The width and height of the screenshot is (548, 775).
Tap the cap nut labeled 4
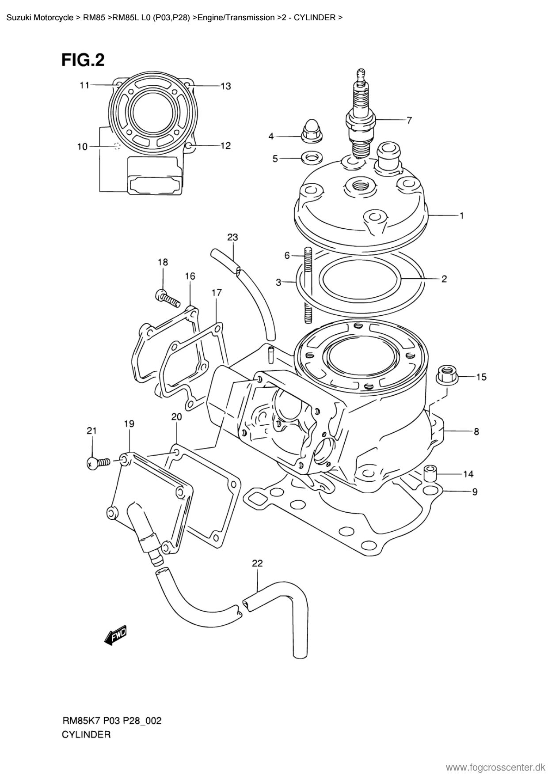click(308, 132)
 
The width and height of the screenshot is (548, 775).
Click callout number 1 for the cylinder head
click(461, 215)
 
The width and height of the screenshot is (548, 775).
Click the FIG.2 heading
click(83, 60)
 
